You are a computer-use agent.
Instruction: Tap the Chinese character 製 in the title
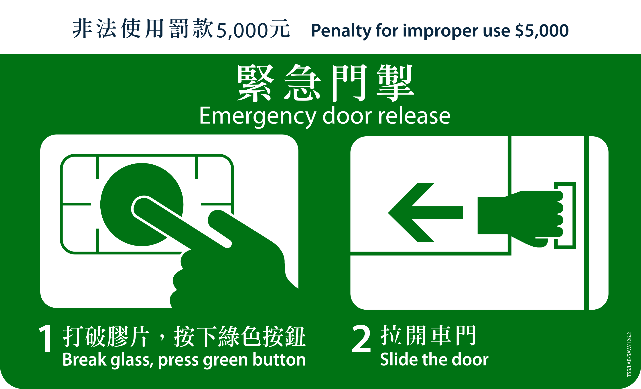[395, 83]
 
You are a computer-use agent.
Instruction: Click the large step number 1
[46, 339]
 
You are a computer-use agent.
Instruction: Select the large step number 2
[361, 339]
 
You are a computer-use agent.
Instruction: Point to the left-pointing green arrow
[422, 212]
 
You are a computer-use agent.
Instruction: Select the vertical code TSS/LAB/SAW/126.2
[629, 354]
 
